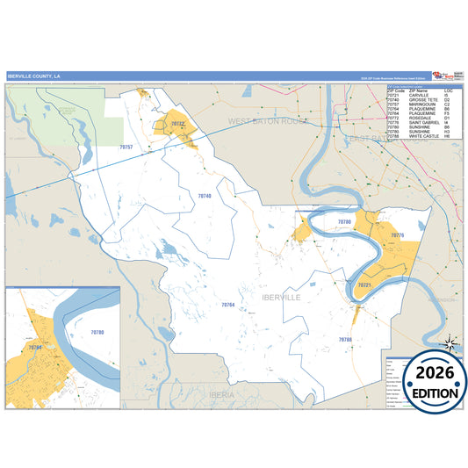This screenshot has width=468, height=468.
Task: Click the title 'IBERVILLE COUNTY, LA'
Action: [34, 76]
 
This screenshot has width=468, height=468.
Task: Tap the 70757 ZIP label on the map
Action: [126, 148]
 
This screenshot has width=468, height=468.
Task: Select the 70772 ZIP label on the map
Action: [177, 125]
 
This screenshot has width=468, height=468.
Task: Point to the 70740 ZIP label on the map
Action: [204, 195]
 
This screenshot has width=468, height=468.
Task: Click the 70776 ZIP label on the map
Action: [396, 235]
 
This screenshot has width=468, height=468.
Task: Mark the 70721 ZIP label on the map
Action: [365, 285]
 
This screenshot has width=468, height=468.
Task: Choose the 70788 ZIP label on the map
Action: [345, 339]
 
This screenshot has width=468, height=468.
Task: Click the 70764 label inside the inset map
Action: [34, 349]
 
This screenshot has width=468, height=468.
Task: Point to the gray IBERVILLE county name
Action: [281, 298]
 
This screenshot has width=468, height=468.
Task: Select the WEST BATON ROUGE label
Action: [269, 119]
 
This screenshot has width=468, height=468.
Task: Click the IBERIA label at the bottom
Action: [221, 395]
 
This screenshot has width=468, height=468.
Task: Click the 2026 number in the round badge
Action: [428, 373]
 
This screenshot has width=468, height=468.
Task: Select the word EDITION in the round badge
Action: [428, 392]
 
